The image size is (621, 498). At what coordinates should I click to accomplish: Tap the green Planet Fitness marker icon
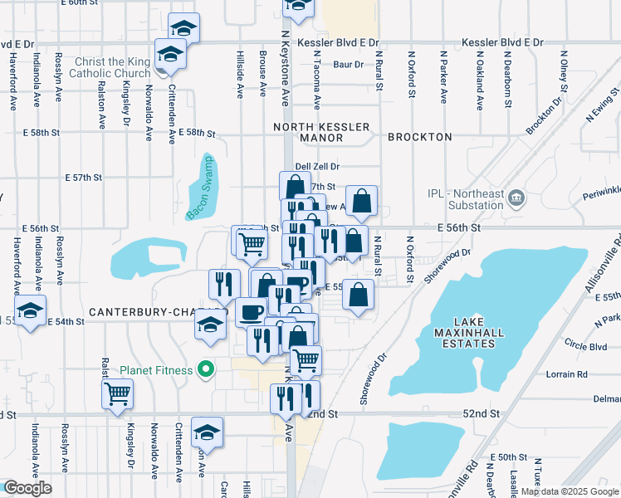202,370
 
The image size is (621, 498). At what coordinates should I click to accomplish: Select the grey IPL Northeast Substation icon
516,198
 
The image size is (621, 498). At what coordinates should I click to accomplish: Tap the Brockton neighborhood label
419,136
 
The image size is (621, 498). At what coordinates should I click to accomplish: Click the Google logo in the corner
27,488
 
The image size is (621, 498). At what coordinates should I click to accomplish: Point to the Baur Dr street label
348,64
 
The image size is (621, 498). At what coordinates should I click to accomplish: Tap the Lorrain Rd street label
566,374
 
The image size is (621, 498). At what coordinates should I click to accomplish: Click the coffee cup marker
251,312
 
